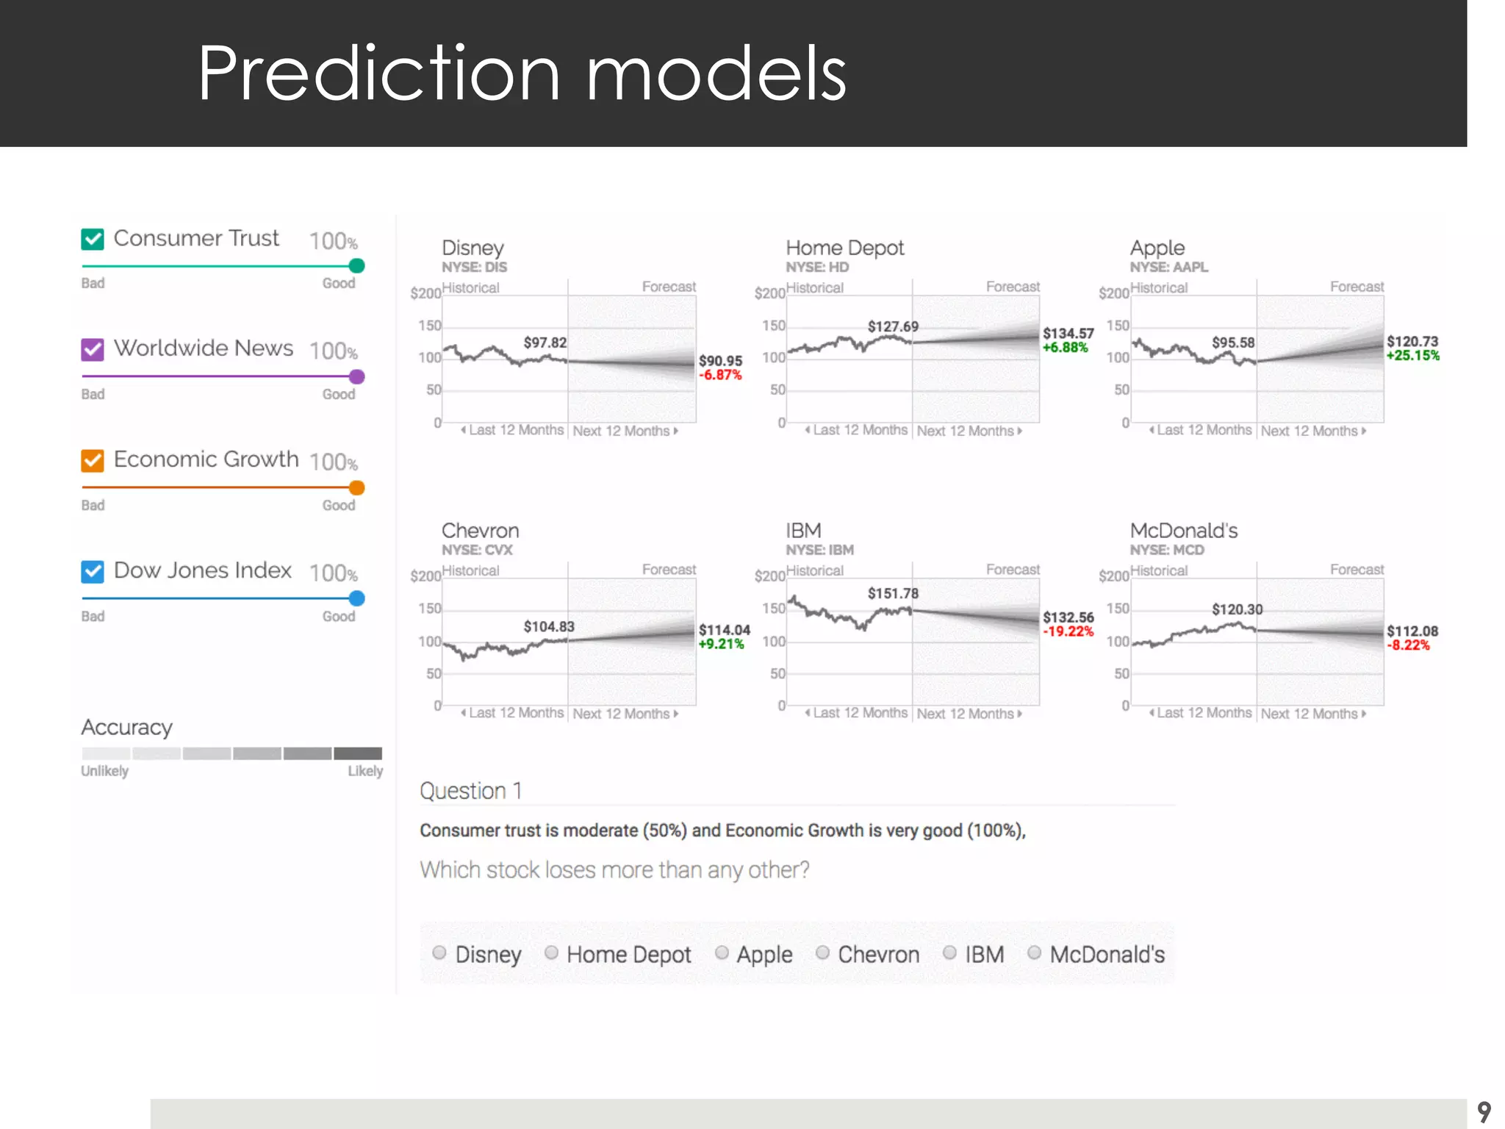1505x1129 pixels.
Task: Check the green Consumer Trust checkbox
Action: tap(93, 239)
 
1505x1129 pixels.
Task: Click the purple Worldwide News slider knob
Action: tap(356, 376)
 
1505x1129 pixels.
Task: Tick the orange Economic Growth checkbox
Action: tap(93, 460)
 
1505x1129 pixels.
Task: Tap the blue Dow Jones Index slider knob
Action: tap(356, 598)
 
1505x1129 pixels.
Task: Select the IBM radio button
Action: tap(949, 953)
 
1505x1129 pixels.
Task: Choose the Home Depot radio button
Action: tap(551, 953)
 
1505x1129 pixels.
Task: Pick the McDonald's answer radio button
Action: tap(1034, 953)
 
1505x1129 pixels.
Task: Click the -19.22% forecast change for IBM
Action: tap(1068, 631)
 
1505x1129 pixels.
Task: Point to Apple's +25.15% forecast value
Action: tap(1412, 356)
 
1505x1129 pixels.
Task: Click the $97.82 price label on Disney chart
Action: tap(545, 343)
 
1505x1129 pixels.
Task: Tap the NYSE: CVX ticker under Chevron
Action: tap(477, 550)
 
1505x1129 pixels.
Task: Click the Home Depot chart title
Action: tap(844, 248)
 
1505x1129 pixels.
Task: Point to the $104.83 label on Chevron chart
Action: tap(548, 626)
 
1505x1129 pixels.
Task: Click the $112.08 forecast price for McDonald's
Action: tap(1412, 631)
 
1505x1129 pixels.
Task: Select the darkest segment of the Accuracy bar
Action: tap(358, 753)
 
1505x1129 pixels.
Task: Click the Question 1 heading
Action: tap(470, 791)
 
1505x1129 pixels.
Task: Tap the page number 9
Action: tap(1484, 1111)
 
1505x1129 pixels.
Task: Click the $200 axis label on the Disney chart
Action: tap(425, 293)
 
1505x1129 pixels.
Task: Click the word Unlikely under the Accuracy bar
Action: tap(104, 771)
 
